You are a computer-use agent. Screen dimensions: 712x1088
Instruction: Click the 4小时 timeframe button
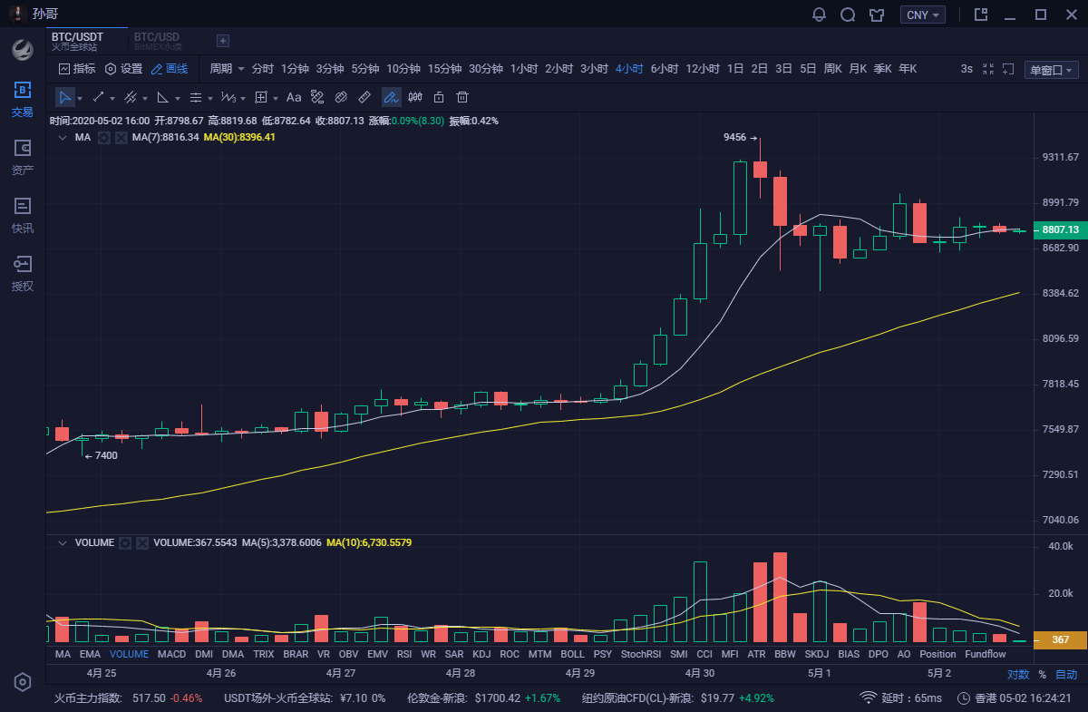tap(628, 69)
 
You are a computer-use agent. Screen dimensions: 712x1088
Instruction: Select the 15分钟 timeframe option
tap(444, 69)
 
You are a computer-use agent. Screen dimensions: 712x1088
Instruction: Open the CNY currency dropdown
tap(923, 15)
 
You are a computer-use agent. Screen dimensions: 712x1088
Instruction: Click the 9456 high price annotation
tap(734, 138)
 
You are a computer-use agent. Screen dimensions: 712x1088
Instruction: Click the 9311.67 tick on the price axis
tap(1060, 157)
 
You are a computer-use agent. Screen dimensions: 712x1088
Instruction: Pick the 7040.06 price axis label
tap(1060, 520)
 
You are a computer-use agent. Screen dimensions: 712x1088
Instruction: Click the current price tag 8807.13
tap(1059, 230)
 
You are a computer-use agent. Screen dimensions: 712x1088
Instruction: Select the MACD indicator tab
tap(171, 654)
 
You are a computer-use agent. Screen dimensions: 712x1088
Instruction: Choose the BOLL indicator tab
tap(572, 654)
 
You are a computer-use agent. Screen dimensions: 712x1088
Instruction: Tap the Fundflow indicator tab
tap(985, 654)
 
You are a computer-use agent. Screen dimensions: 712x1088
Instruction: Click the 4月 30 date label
tap(699, 674)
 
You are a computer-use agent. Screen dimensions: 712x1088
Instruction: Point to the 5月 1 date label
tap(819, 674)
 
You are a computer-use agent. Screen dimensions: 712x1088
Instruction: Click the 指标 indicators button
tap(77, 69)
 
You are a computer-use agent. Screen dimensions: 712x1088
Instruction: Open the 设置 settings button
tap(124, 69)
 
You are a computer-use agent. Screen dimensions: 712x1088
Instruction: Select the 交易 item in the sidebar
tap(23, 99)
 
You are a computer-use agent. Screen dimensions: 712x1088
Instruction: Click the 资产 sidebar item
tap(23, 157)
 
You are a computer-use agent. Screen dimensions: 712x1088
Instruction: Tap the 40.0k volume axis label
tap(1060, 547)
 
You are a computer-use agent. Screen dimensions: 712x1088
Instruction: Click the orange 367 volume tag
tap(1059, 640)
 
